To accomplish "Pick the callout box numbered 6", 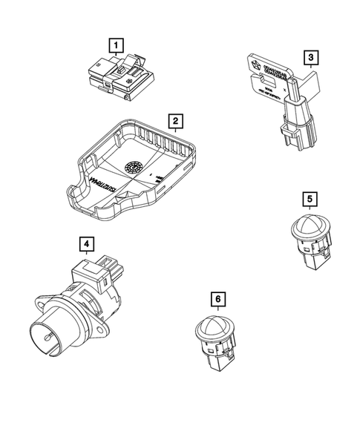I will coord(217,299).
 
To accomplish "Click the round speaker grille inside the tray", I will coord(134,166).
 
